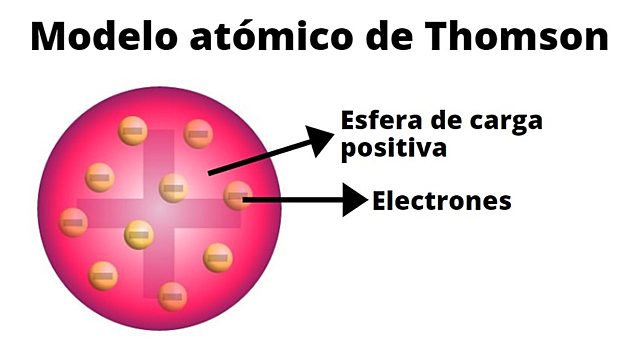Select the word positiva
coord(392,149)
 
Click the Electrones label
coord(442,201)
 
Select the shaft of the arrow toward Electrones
coord(295,200)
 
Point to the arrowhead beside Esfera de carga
coord(318,139)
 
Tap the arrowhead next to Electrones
coord(355,200)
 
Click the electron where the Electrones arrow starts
coord(237,195)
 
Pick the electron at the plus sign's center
coord(173,187)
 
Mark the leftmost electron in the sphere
coord(73,222)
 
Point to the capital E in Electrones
coord(380,201)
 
